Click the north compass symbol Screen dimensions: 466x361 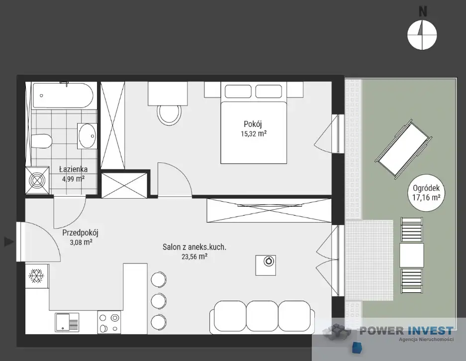click(422, 34)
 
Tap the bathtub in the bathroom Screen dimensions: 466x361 click(63, 96)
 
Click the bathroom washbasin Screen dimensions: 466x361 click(87, 136)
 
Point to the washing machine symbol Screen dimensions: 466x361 click(37, 180)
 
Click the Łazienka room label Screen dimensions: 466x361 click(74, 169)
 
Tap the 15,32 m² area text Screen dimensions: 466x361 click(254, 133)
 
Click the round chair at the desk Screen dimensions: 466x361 click(169, 115)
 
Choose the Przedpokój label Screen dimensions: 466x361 click(80, 233)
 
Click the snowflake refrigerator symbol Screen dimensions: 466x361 click(36, 276)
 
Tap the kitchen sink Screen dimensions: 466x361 click(67, 322)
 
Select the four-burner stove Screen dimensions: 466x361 click(109, 322)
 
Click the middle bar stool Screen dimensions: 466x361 click(159, 301)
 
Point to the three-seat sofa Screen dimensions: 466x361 click(262, 317)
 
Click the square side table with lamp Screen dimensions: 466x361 click(266, 265)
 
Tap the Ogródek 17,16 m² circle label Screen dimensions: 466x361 click(426, 193)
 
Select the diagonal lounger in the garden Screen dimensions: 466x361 click(403, 149)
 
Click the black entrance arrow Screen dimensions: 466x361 click(9, 241)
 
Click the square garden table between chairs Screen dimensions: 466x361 click(412, 255)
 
